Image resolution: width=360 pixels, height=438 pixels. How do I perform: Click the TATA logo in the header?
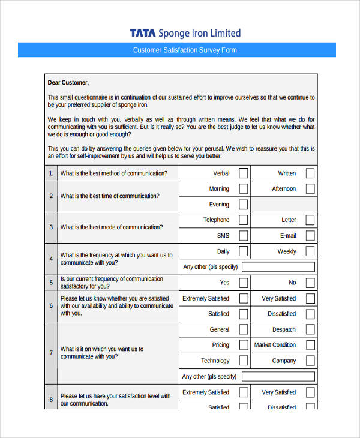pos(143,33)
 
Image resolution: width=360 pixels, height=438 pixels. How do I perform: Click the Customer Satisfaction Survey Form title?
pos(185,50)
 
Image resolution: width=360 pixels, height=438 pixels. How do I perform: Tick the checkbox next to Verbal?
pos(243,173)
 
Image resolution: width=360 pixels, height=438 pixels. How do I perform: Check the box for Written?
pos(310,173)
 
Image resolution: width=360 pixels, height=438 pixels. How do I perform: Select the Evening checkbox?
pos(243,205)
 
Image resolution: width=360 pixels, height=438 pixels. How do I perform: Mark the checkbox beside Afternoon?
pos(310,189)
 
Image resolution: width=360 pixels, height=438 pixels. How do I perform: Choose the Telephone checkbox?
pos(243,220)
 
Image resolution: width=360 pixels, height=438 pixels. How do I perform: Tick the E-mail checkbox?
pos(310,236)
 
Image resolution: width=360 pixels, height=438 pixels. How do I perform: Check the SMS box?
pos(243,236)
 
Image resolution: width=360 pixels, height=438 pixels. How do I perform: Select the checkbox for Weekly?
pos(310,251)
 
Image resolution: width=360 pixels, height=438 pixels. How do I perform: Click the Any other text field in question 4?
pos(278,267)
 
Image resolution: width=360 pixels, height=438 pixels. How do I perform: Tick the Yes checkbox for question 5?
pos(243,283)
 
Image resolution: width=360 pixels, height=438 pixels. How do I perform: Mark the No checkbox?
pos(310,283)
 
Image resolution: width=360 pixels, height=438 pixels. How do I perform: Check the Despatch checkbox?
pos(310,329)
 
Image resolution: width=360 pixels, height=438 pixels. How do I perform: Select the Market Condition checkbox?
pos(310,345)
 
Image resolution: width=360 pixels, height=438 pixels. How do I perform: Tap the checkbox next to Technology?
pos(243,361)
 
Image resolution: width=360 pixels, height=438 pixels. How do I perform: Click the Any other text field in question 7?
pos(278,376)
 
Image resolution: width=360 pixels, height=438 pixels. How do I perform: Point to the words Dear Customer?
pos(68,82)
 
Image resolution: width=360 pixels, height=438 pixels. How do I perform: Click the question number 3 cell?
pos(51,227)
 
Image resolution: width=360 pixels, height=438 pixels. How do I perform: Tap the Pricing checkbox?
pos(243,345)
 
